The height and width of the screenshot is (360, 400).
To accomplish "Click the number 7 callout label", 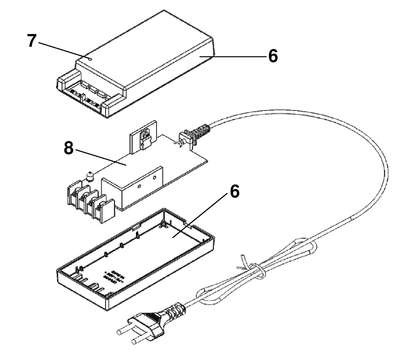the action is point(31,41).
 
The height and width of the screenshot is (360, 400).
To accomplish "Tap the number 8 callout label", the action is point(68,148).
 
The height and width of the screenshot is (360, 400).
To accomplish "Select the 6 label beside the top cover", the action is point(273,56).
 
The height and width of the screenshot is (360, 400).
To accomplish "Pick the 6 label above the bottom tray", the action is point(235,191).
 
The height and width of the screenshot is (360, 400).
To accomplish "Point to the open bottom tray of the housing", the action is point(135,257).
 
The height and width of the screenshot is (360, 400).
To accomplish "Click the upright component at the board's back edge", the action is point(143,138).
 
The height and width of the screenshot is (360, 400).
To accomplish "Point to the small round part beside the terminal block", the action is point(89,176).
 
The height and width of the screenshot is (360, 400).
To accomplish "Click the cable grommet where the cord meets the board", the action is point(194,134).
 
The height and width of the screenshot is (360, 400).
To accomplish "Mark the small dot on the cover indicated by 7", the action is point(91,58).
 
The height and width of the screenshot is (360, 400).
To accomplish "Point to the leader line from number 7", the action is point(63,50).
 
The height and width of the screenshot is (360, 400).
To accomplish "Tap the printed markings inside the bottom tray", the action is point(113,275).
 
